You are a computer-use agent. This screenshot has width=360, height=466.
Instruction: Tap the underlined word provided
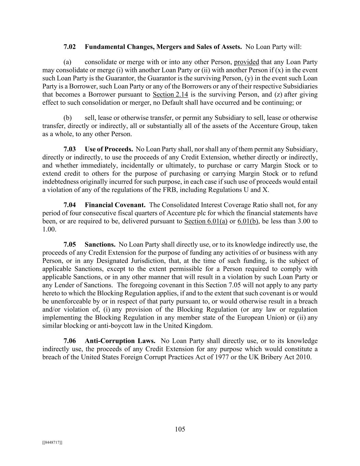click(246, 62)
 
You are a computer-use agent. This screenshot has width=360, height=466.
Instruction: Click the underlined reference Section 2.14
click(170, 95)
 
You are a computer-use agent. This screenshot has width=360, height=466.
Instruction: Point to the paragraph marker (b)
click(68, 118)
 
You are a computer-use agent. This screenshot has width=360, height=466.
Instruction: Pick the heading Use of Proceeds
click(109, 149)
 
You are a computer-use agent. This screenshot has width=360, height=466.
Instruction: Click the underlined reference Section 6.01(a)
click(206, 221)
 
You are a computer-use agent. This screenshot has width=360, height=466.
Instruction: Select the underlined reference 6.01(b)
click(248, 221)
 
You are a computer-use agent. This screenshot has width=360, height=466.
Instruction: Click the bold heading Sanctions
click(100, 245)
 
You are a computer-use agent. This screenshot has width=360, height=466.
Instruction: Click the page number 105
click(180, 429)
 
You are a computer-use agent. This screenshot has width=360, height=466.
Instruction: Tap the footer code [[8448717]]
click(52, 443)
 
